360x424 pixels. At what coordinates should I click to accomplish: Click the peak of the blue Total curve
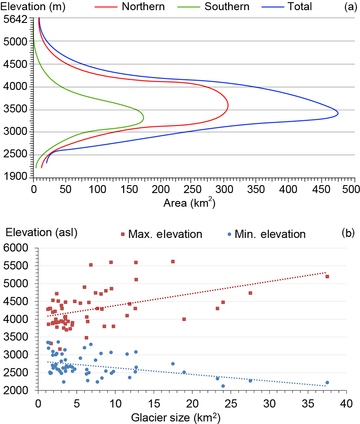point(338,113)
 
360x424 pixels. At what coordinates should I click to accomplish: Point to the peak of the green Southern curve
point(144,118)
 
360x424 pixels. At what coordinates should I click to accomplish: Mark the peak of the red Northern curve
point(228,106)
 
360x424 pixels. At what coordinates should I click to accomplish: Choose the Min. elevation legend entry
point(267,234)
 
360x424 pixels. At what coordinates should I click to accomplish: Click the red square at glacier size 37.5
point(327,276)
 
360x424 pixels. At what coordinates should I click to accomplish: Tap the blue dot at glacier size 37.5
point(327,383)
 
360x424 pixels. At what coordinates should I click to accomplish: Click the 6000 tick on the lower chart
point(18,249)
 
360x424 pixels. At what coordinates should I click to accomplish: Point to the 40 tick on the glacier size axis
point(346,404)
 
